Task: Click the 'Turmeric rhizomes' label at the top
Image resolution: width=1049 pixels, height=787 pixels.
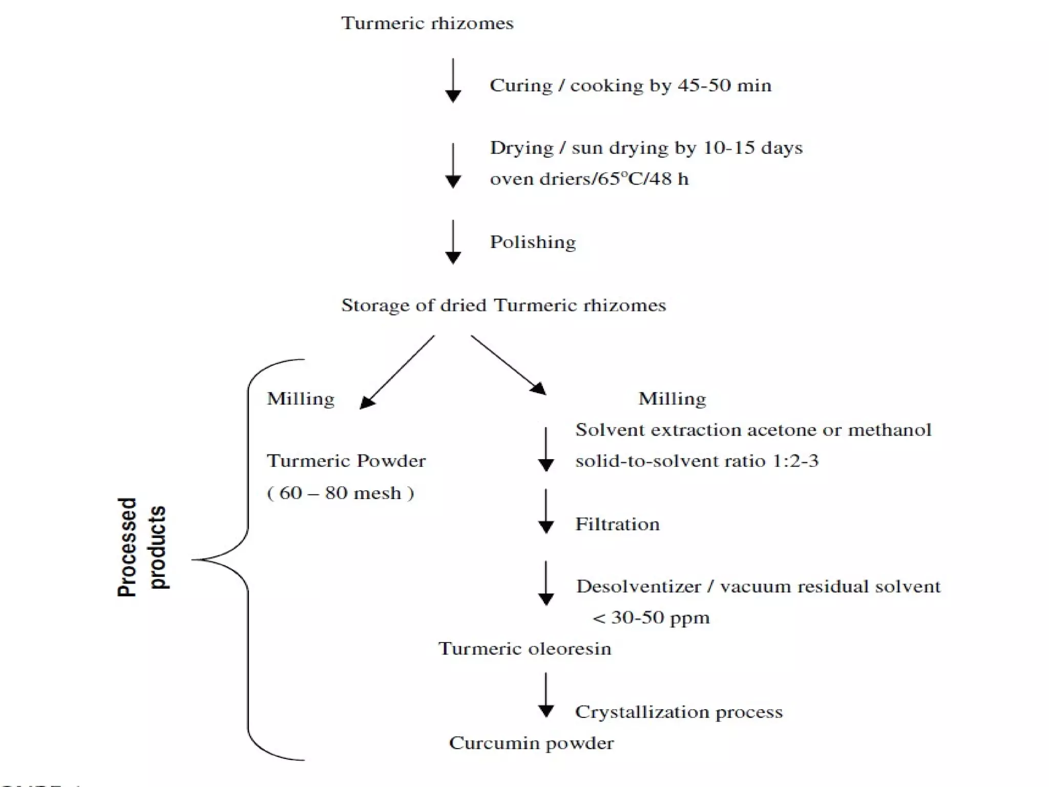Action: pyautogui.click(x=427, y=24)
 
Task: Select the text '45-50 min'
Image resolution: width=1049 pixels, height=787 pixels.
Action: pyautogui.click(x=725, y=86)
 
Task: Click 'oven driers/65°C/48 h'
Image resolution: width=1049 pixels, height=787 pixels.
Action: pyautogui.click(x=589, y=179)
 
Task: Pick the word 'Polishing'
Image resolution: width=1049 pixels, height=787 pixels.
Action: pyautogui.click(x=533, y=242)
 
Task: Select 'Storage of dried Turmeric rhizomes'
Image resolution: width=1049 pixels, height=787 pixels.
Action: pyautogui.click(x=503, y=306)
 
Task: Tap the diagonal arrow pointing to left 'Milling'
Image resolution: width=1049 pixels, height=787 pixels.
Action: pyautogui.click(x=397, y=372)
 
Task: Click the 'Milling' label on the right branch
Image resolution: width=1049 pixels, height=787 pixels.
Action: pyautogui.click(x=672, y=399)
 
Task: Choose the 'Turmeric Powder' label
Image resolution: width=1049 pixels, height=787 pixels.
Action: pyautogui.click(x=346, y=461)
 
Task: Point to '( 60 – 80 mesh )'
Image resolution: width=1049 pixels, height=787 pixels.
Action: pyautogui.click(x=341, y=493)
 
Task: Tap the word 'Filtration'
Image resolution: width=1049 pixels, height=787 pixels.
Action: pyautogui.click(x=617, y=525)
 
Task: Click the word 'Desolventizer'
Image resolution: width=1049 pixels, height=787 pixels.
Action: pyautogui.click(x=638, y=587)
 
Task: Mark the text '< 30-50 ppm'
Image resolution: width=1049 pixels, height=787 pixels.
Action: pyautogui.click(x=651, y=618)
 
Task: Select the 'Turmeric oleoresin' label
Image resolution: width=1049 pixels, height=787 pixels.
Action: pyautogui.click(x=524, y=649)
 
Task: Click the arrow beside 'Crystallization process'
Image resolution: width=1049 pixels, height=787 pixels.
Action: pyautogui.click(x=546, y=695)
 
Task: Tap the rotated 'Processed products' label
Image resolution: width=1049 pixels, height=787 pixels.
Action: pyautogui.click(x=142, y=547)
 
